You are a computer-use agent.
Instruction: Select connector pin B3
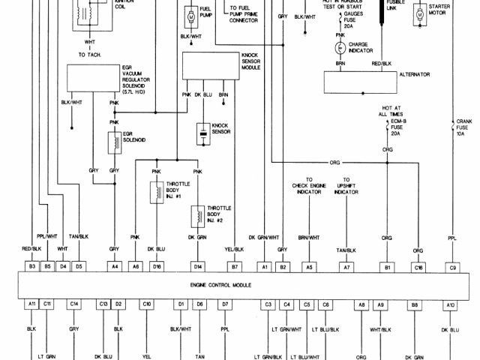[32, 265]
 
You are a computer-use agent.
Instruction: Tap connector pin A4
[115, 265]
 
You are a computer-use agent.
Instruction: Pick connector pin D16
[157, 265]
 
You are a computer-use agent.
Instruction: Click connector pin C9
[452, 265]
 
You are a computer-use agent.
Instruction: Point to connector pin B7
[235, 265]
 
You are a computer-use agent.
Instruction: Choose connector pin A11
[32, 304]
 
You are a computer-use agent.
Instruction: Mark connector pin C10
[147, 304]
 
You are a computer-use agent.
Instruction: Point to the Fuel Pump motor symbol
[190, 16]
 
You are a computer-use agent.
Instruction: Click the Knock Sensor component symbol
[202, 134]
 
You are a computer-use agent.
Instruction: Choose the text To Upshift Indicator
[346, 186]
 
